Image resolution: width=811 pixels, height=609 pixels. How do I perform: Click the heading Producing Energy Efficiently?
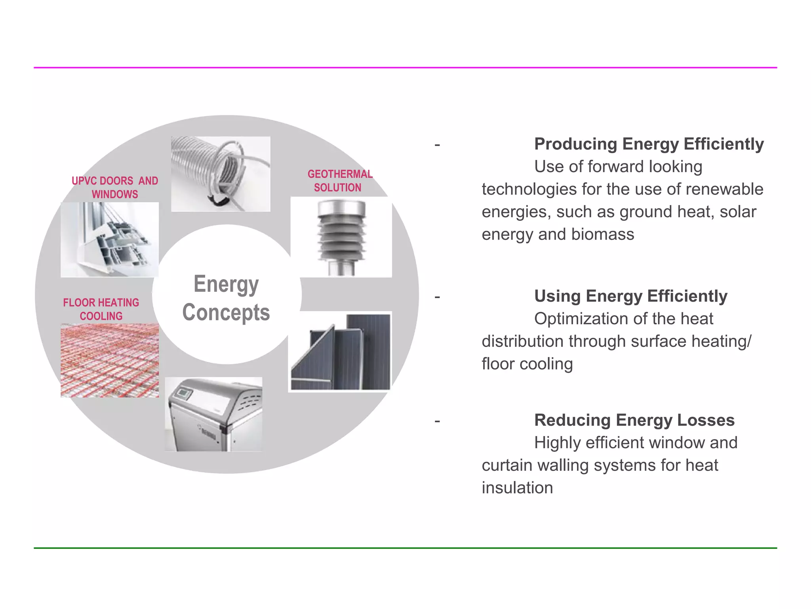tap(649, 144)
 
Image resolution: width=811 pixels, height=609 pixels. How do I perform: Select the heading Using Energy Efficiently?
tap(630, 296)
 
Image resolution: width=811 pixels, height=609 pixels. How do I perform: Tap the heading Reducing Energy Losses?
tap(634, 420)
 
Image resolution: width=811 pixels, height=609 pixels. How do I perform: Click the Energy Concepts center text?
tap(226, 298)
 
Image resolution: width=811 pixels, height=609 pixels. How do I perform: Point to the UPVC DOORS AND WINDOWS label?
tap(115, 188)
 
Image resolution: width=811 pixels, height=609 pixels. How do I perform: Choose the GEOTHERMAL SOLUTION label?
tap(339, 181)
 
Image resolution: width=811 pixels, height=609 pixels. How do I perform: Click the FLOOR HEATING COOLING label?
tap(101, 309)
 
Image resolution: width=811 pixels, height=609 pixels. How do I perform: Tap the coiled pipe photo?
tap(221, 174)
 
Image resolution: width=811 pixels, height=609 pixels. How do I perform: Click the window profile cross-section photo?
tap(110, 239)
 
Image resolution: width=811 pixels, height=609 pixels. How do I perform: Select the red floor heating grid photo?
tap(110, 360)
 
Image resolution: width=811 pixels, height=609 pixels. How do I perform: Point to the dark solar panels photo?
tap(340, 352)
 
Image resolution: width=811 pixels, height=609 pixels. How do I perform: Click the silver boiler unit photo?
tap(213, 414)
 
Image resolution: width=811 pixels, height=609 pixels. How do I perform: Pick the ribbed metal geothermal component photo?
tap(341, 237)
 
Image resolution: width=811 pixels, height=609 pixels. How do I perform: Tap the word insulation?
tap(517, 488)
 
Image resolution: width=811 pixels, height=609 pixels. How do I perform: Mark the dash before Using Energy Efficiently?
tap(437, 297)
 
